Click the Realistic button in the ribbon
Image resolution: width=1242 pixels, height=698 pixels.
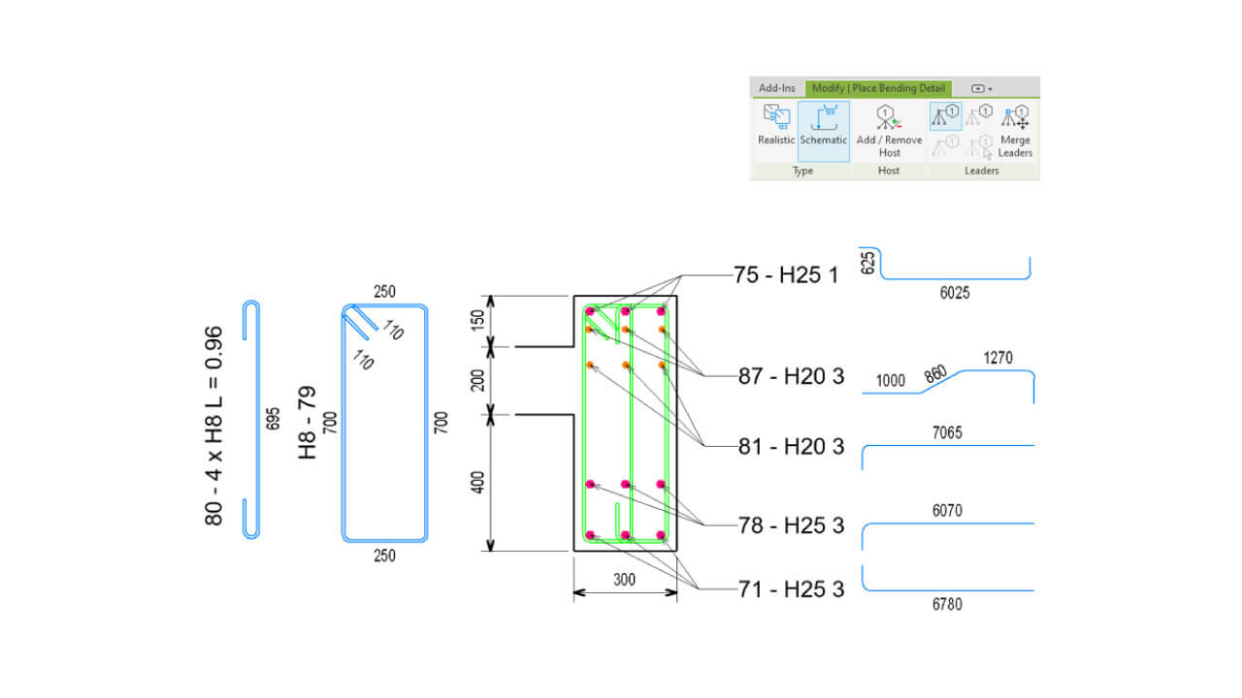pyautogui.click(x=775, y=125)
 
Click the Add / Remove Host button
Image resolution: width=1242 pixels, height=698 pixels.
pyautogui.click(x=889, y=131)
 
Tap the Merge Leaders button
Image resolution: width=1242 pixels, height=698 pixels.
pyautogui.click(x=1015, y=132)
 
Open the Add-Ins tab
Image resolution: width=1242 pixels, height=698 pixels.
pyautogui.click(x=777, y=88)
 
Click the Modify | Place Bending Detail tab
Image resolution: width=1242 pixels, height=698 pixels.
pyautogui.click(x=878, y=88)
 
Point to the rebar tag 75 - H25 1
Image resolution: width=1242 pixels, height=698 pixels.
pyautogui.click(x=786, y=274)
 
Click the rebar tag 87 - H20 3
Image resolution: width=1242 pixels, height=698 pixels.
pyautogui.click(x=791, y=376)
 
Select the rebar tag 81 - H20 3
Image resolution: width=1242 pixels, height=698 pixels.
pyautogui.click(x=791, y=447)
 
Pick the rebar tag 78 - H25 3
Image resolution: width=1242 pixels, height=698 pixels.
pyautogui.click(x=791, y=525)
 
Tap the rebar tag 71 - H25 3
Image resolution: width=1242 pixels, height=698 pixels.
pyautogui.click(x=791, y=588)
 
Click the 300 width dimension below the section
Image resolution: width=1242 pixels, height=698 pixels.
pyautogui.click(x=624, y=580)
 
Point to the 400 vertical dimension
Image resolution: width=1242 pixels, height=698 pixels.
pyautogui.click(x=477, y=483)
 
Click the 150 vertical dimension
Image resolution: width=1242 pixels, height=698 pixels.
pyautogui.click(x=477, y=321)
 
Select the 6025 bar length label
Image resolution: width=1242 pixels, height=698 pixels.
pyautogui.click(x=955, y=293)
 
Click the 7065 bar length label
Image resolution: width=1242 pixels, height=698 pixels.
pyautogui.click(x=947, y=432)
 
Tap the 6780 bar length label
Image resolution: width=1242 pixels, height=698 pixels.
pyautogui.click(x=947, y=604)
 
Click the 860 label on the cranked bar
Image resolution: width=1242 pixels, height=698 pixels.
pyautogui.click(x=935, y=374)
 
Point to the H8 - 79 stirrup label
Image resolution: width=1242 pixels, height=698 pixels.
pyautogui.click(x=308, y=423)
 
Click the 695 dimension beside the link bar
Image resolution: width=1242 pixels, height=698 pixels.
pyautogui.click(x=273, y=420)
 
